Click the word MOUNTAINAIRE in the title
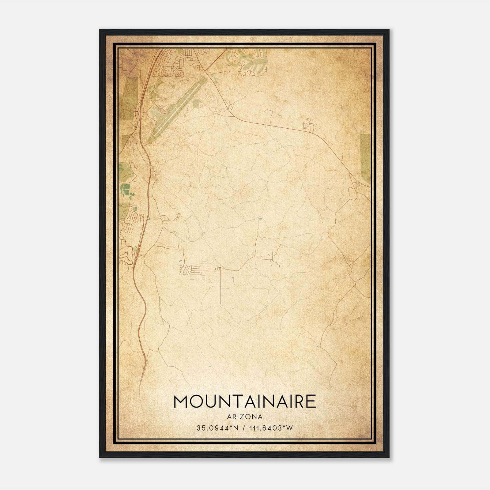245,402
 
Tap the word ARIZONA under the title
245,417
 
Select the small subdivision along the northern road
310,126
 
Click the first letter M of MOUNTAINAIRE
181,402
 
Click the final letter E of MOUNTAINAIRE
311,402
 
